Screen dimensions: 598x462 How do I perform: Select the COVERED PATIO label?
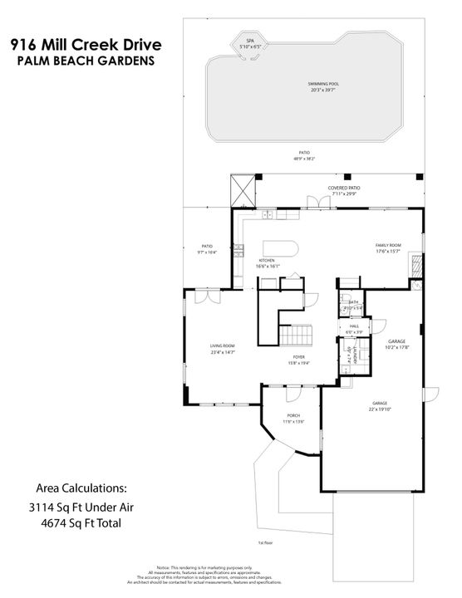343,189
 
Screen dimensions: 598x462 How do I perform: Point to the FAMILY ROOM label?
388,246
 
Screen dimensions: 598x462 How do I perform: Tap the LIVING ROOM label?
222,346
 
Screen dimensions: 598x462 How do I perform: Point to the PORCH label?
293,415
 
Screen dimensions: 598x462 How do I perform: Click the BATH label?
353,302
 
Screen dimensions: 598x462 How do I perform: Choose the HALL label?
353,326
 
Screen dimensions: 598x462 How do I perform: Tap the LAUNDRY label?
356,354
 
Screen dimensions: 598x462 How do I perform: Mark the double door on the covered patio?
314,202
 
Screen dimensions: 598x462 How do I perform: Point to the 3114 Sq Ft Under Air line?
86,507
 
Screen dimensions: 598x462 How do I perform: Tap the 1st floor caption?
266,542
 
